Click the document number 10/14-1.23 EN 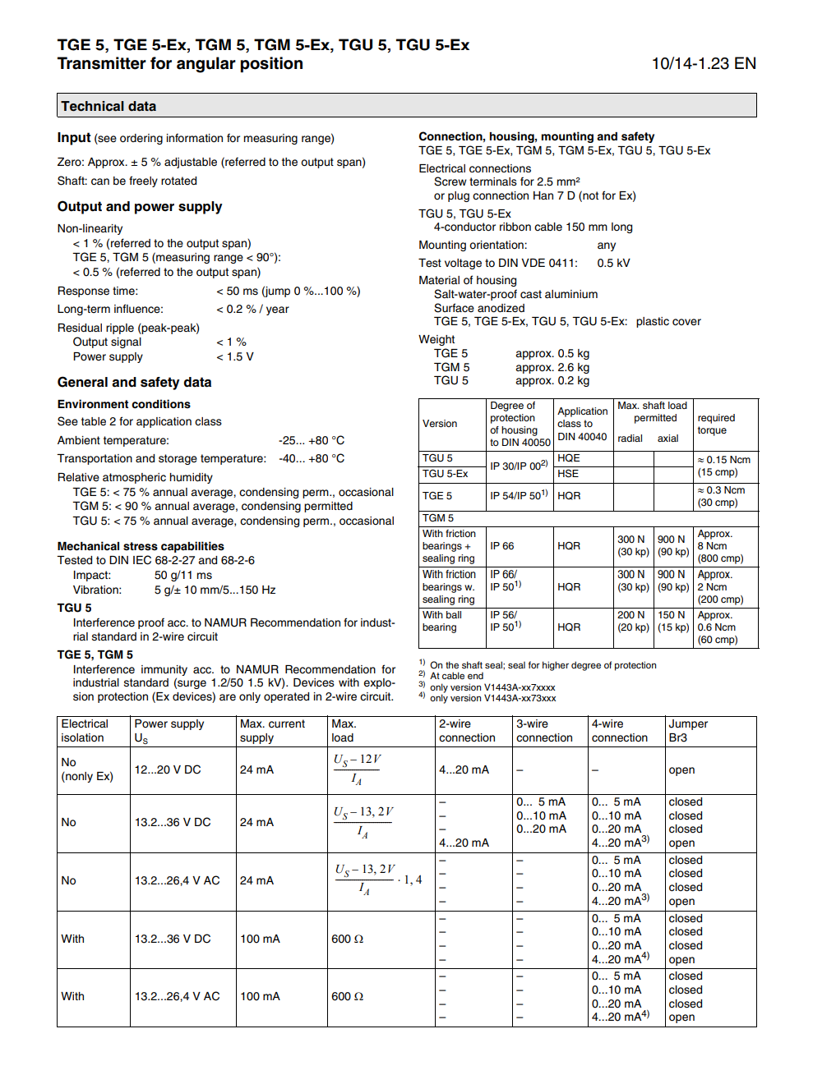pos(703,64)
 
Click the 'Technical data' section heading pos(109,106)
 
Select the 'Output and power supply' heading pos(140,207)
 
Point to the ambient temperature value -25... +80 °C pos(312,440)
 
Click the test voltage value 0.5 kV pos(613,263)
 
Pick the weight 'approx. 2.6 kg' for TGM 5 pos(552,367)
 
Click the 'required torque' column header pos(716,424)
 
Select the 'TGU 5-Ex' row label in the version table pos(445,474)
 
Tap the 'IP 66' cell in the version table pos(502,546)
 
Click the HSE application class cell pos(568,474)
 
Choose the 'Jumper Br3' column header pos(688,731)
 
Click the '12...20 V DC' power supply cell pos(168,769)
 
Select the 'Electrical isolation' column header pos(85,731)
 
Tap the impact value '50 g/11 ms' pos(183,575)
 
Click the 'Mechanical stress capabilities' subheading pos(141,546)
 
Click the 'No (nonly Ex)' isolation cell pos(86,769)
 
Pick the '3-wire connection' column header pos(544,731)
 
